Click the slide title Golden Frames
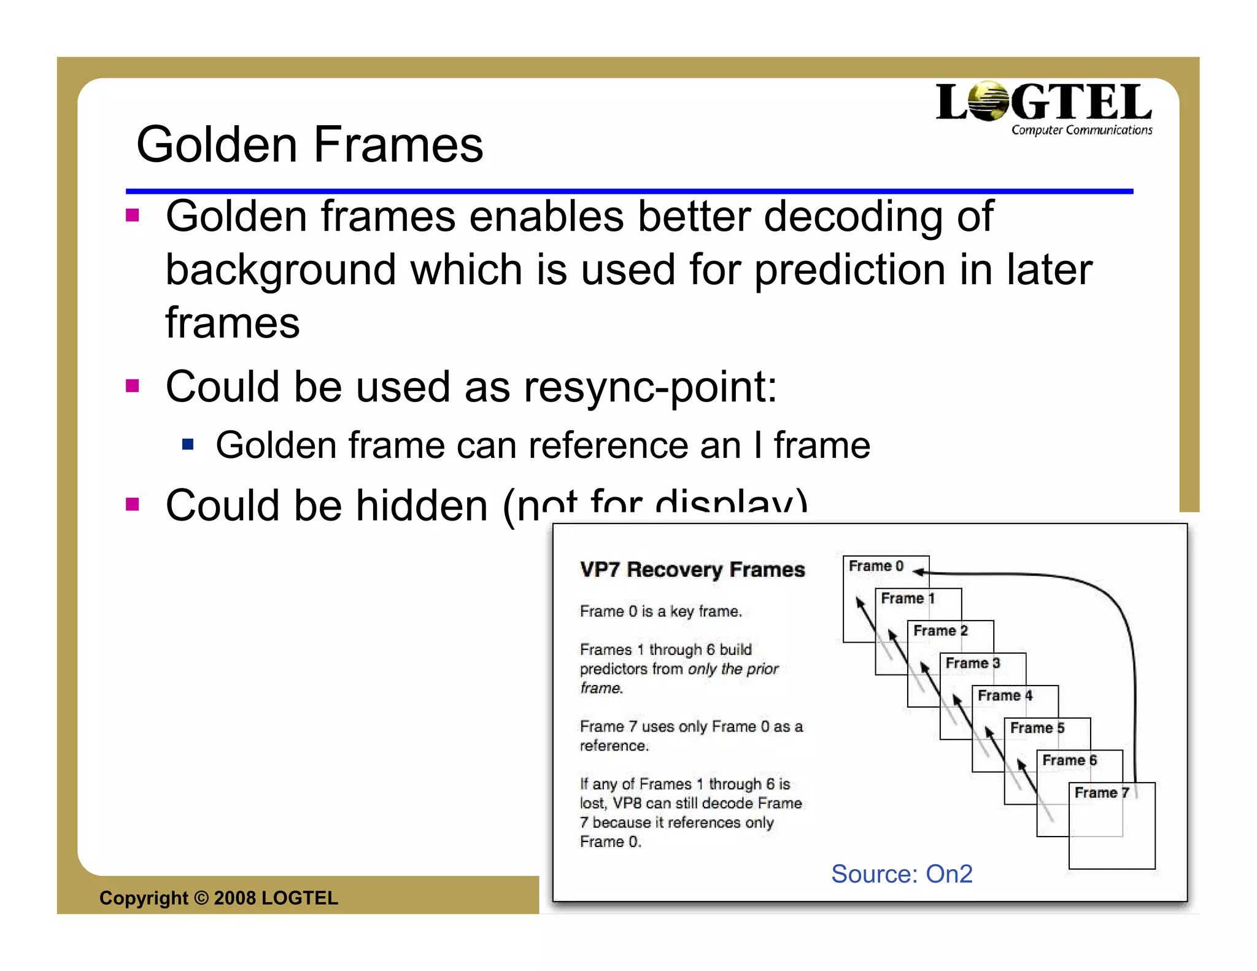click(x=309, y=145)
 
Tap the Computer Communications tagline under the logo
click(x=1081, y=130)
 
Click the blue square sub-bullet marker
click(x=188, y=444)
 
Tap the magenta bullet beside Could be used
click(x=132, y=385)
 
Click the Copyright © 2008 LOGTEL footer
click(x=219, y=898)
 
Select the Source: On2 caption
click(x=902, y=873)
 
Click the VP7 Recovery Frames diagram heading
click(x=692, y=570)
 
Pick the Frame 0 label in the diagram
click(x=876, y=566)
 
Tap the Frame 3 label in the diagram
click(x=973, y=663)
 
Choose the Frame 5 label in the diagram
click(x=1037, y=728)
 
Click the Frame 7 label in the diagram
click(x=1102, y=792)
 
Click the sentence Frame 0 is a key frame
click(x=660, y=611)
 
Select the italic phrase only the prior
click(x=733, y=669)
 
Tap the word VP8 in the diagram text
click(x=627, y=803)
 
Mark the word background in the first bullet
click(x=280, y=270)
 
